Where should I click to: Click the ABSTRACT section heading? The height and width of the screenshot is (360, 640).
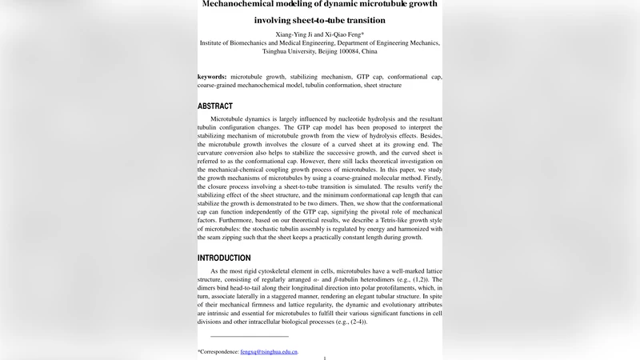(x=215, y=106)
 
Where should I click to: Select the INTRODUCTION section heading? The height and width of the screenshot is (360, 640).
(x=224, y=258)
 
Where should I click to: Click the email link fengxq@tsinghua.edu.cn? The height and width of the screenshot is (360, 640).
(x=269, y=351)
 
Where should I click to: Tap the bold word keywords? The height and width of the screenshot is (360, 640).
(x=212, y=77)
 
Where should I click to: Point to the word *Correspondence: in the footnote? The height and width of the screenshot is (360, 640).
(x=218, y=351)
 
